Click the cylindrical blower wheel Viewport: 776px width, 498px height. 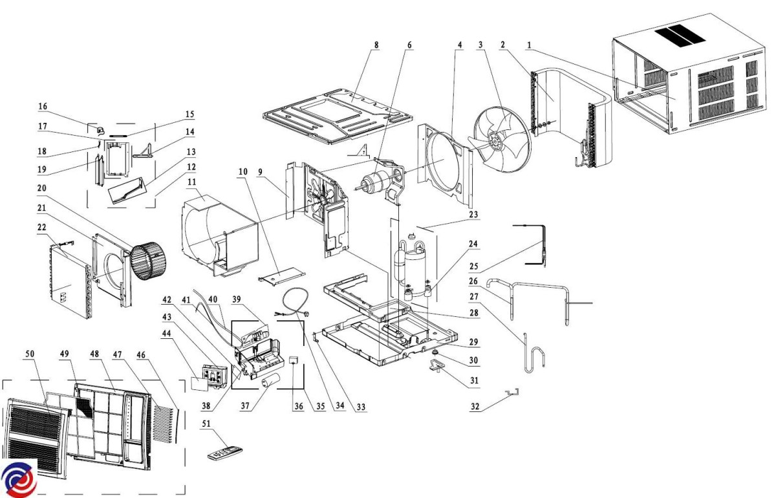pos(148,263)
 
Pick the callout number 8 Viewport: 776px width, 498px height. pos(376,45)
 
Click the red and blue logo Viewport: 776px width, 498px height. pos(19,479)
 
